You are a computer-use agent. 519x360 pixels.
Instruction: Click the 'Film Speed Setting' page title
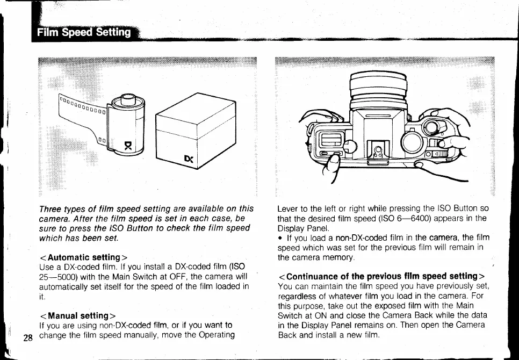84,32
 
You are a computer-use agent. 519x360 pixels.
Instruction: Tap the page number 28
28,338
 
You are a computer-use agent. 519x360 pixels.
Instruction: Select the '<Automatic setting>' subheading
83,257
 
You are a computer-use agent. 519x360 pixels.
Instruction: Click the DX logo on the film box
188,159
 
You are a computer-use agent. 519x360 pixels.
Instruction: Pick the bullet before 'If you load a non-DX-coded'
280,237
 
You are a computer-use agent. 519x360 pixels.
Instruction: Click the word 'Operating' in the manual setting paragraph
216,335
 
